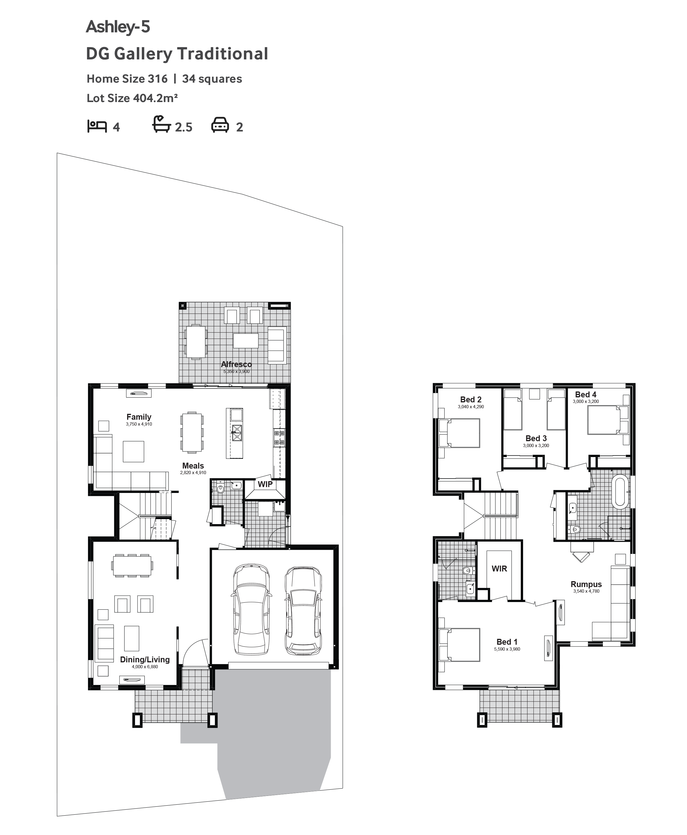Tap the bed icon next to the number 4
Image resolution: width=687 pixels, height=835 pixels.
pyautogui.click(x=97, y=126)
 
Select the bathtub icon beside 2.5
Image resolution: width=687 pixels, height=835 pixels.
pyautogui.click(x=162, y=124)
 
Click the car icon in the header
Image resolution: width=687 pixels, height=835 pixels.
pyautogui.click(x=220, y=125)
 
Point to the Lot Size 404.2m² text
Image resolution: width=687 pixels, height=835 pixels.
pyautogui.click(x=132, y=98)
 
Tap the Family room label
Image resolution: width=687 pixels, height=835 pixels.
pyautogui.click(x=139, y=417)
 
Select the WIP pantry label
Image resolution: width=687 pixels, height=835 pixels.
pyautogui.click(x=265, y=484)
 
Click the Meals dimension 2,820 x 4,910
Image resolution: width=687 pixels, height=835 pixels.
pyautogui.click(x=193, y=473)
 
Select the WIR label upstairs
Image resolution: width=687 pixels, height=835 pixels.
pyautogui.click(x=499, y=569)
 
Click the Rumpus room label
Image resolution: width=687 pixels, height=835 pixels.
pyautogui.click(x=586, y=584)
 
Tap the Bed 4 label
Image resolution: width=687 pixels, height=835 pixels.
pyautogui.click(x=586, y=394)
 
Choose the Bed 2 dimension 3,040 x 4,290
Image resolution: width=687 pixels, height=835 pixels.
pyautogui.click(x=471, y=407)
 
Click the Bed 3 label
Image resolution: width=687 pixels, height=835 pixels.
pyautogui.click(x=536, y=438)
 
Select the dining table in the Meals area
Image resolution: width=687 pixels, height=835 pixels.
pyautogui.click(x=192, y=432)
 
